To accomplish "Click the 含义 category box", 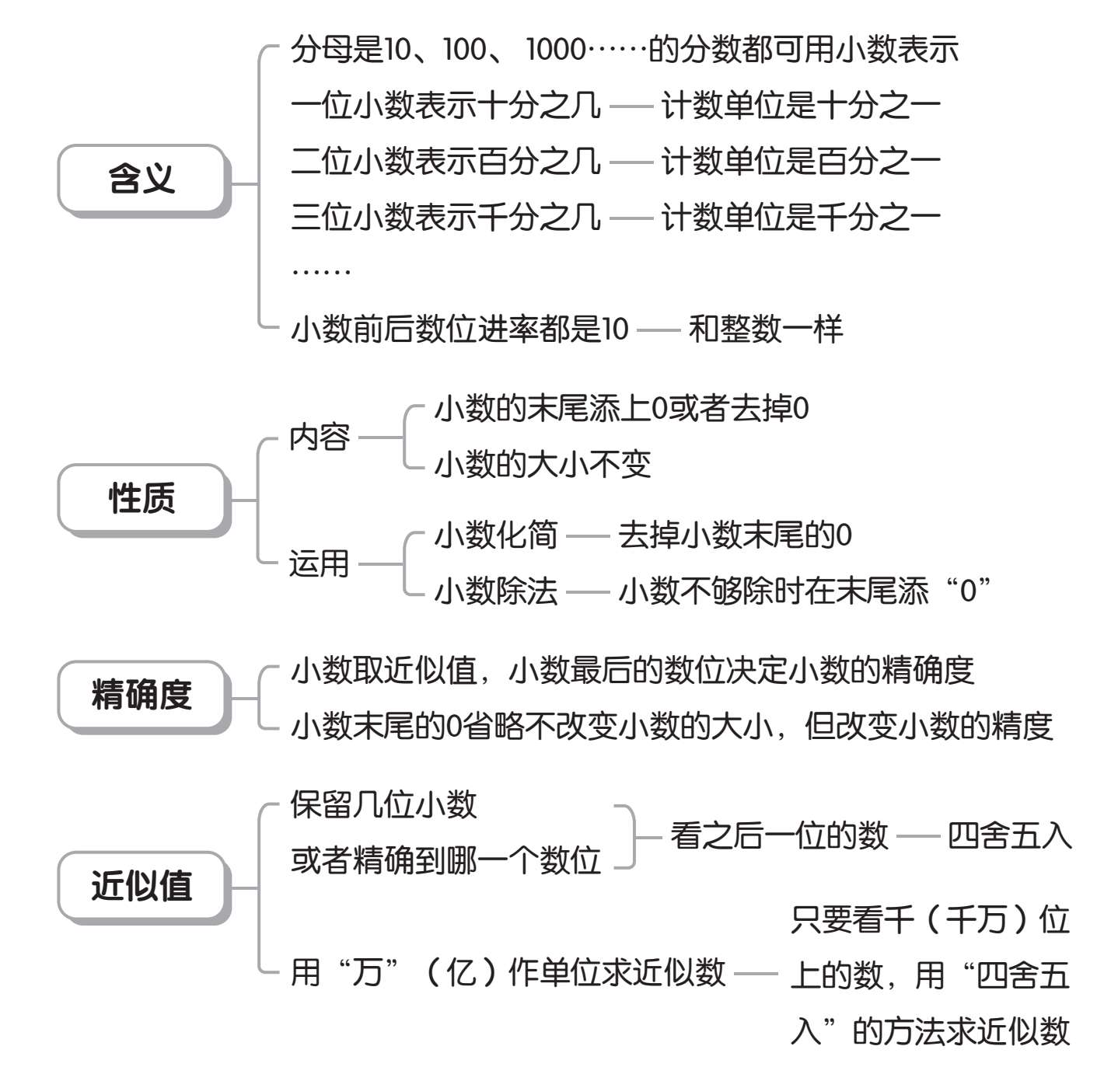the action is coord(144,180).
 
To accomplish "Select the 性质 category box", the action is coord(144,500).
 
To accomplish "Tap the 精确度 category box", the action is coord(144,696).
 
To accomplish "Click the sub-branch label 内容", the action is coord(320,438).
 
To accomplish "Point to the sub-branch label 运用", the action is coord(320,563).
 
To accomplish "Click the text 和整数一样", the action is coord(766,329).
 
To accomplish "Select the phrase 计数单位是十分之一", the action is coord(801,106).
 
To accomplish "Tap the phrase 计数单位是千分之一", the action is coord(801,218).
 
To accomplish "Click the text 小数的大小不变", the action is coord(543,465).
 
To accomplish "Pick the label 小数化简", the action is coord(496,535).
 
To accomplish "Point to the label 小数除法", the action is coord(496,591).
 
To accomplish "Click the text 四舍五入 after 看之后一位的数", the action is coord(1010,836).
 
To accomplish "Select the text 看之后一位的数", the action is coord(779,836).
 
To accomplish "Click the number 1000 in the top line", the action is coord(556,50).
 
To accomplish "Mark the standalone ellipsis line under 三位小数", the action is coord(321,272).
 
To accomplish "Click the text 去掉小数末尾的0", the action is coord(735,535).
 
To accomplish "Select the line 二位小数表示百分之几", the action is coord(446,162).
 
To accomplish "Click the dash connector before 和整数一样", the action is coord(659,330).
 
